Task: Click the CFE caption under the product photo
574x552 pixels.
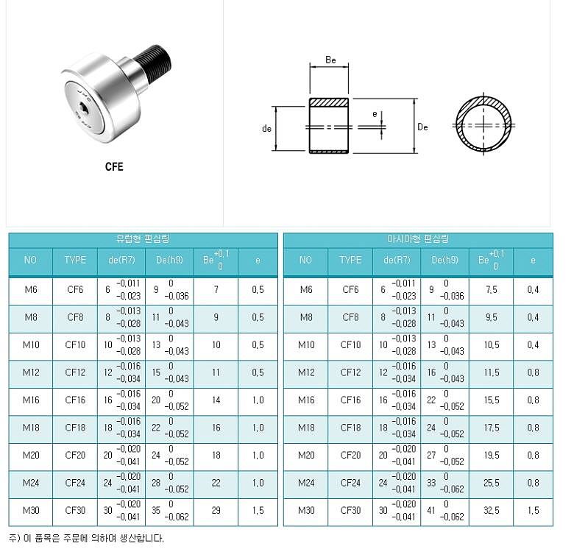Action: click(114, 166)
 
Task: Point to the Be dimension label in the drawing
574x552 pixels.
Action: click(330, 60)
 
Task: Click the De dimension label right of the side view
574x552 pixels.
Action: click(422, 127)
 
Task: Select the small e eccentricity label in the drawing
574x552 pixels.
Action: click(375, 114)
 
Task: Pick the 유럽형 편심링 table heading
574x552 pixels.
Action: click(143, 239)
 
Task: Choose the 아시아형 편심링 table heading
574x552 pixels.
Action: click(418, 239)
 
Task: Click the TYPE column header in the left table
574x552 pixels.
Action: click(75, 260)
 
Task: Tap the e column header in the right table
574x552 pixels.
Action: click(533, 260)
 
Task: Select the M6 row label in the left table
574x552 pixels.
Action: click(31, 290)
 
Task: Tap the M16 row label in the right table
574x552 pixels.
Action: click(306, 400)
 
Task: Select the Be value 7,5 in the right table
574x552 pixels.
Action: click(492, 290)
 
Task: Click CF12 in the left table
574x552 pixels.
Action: click(75, 372)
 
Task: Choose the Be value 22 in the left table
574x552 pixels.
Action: click(216, 483)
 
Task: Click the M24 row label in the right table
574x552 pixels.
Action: click(306, 483)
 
